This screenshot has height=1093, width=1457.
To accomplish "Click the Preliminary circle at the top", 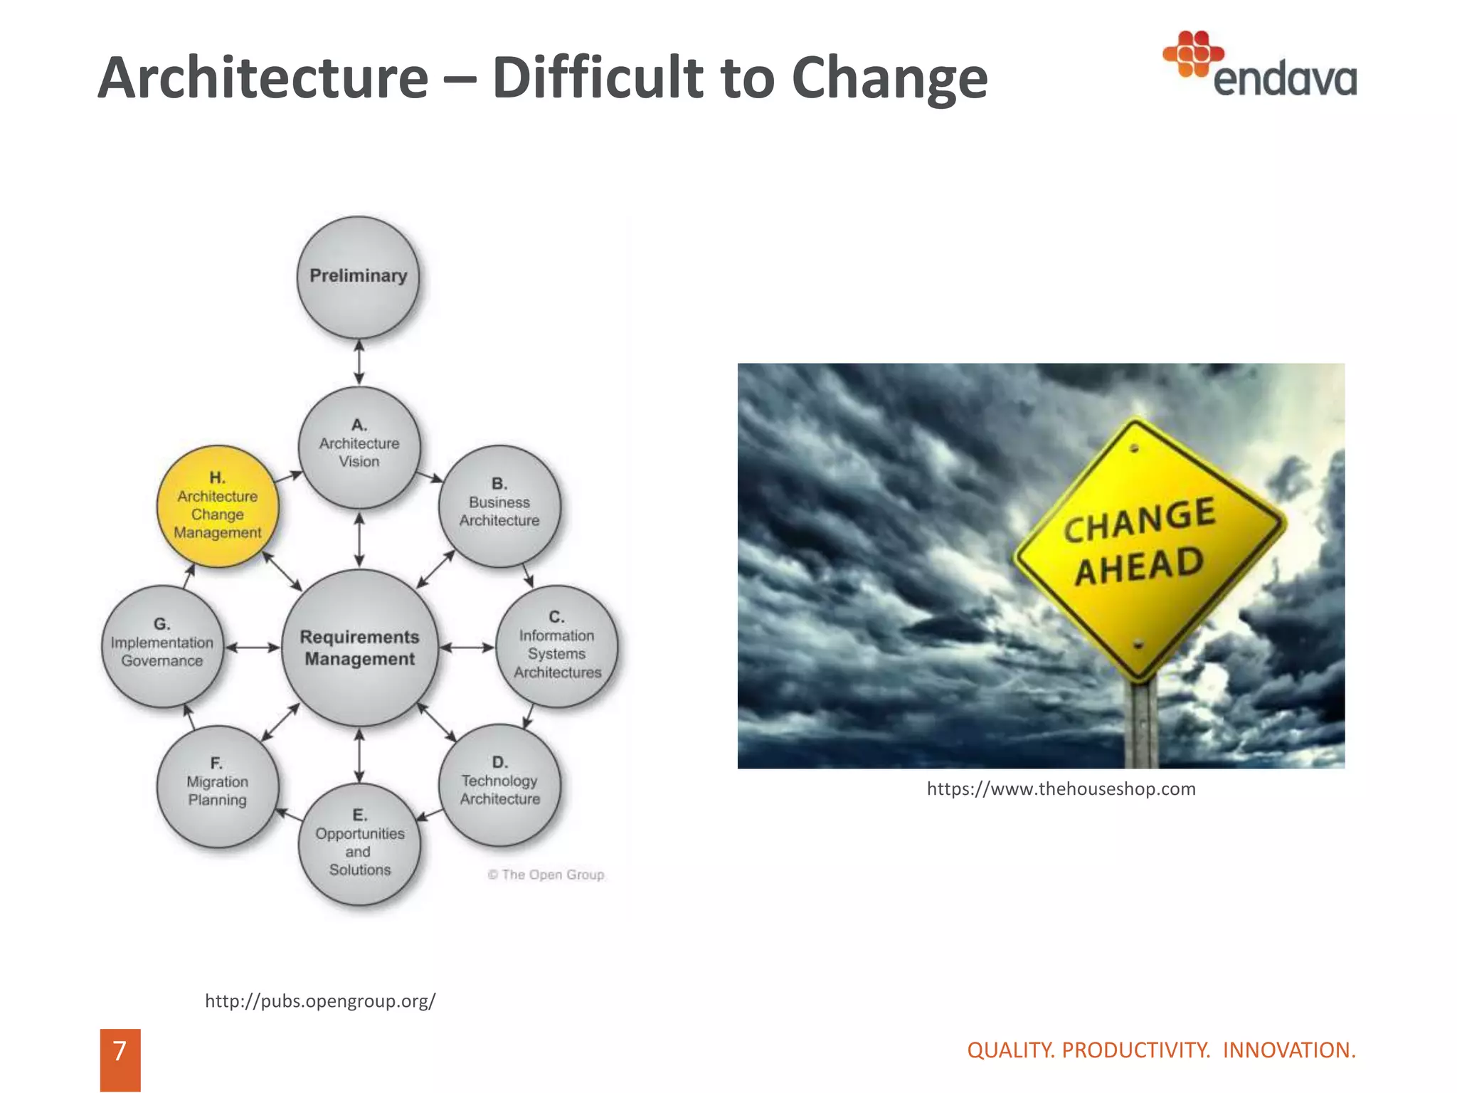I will point(358,277).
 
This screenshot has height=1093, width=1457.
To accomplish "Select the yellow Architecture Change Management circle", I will point(218,507).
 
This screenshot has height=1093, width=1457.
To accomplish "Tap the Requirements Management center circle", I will point(359,648).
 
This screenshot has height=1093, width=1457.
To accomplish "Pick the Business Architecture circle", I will point(499,506).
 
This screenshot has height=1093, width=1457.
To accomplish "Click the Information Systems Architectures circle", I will point(557,646).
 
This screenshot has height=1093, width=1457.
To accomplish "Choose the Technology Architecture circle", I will point(499,786).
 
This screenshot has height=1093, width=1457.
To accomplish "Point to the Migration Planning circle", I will point(217,786).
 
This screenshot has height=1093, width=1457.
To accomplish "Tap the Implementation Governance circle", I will point(162,646).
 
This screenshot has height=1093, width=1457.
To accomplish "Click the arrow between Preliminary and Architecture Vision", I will point(359,362).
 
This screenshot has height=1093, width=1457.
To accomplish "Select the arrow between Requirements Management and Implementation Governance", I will point(253,648).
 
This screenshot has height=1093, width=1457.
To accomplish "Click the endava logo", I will point(1260,65).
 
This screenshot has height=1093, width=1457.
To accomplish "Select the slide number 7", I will point(120,1051).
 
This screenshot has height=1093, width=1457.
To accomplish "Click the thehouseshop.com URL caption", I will point(1061,789).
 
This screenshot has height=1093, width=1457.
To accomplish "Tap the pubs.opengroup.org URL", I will point(320,1001).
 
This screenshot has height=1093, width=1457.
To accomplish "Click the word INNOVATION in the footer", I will point(1289,1050).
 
